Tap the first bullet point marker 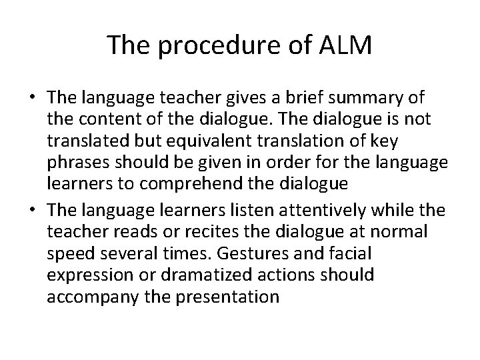click(32, 98)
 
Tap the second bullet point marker click(32, 211)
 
